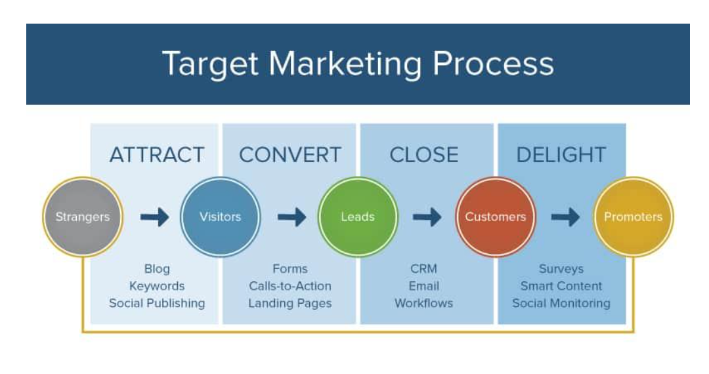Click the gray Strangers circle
click(83, 217)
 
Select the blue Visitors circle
click(220, 217)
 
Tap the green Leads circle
click(358, 217)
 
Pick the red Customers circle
click(496, 217)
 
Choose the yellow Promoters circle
click(633, 217)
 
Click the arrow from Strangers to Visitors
click(154, 217)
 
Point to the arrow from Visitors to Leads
click(291, 217)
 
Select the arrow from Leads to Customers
click(427, 217)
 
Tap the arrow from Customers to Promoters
click(565, 217)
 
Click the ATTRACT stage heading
click(157, 155)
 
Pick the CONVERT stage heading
click(290, 155)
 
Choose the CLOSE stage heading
click(423, 155)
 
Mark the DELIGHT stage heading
click(561, 155)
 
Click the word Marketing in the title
click(344, 64)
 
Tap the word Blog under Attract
click(157, 269)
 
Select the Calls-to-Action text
click(290, 286)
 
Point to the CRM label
click(423, 269)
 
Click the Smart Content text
click(561, 286)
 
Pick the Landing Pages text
click(290, 303)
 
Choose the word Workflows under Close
click(423, 303)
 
